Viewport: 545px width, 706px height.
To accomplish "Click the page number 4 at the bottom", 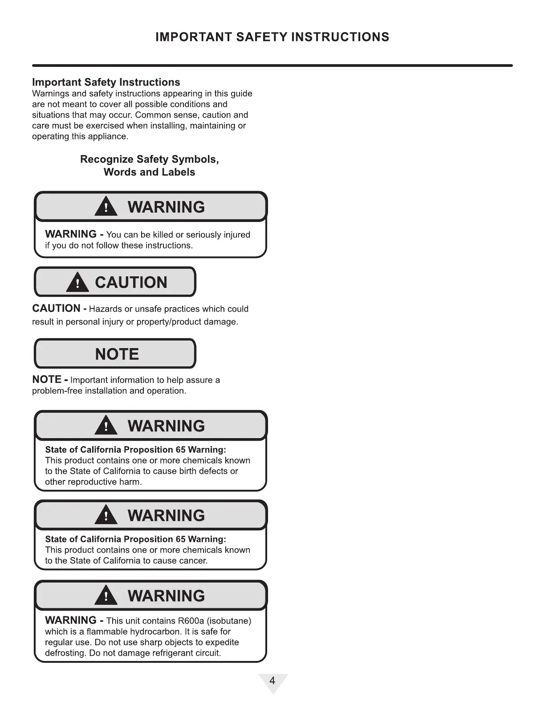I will pyautogui.click(x=272, y=681).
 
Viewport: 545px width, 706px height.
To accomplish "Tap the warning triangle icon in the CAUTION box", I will pyautogui.click(x=77, y=283).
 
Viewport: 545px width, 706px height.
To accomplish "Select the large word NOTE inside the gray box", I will pyautogui.click(x=117, y=354).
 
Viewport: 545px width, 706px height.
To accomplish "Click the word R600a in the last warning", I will pyautogui.click(x=191, y=621).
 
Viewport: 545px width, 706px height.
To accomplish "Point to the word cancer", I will pyautogui.click(x=194, y=561).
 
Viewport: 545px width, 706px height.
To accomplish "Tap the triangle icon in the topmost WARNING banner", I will pyautogui.click(x=106, y=207).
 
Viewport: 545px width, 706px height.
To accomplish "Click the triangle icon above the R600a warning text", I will pyautogui.click(x=106, y=596).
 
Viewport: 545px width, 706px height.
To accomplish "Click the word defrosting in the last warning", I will pyautogui.click(x=65, y=653).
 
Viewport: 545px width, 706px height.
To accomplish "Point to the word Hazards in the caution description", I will pyautogui.click(x=106, y=309).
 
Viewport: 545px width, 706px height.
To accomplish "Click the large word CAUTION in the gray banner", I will pyautogui.click(x=131, y=283).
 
